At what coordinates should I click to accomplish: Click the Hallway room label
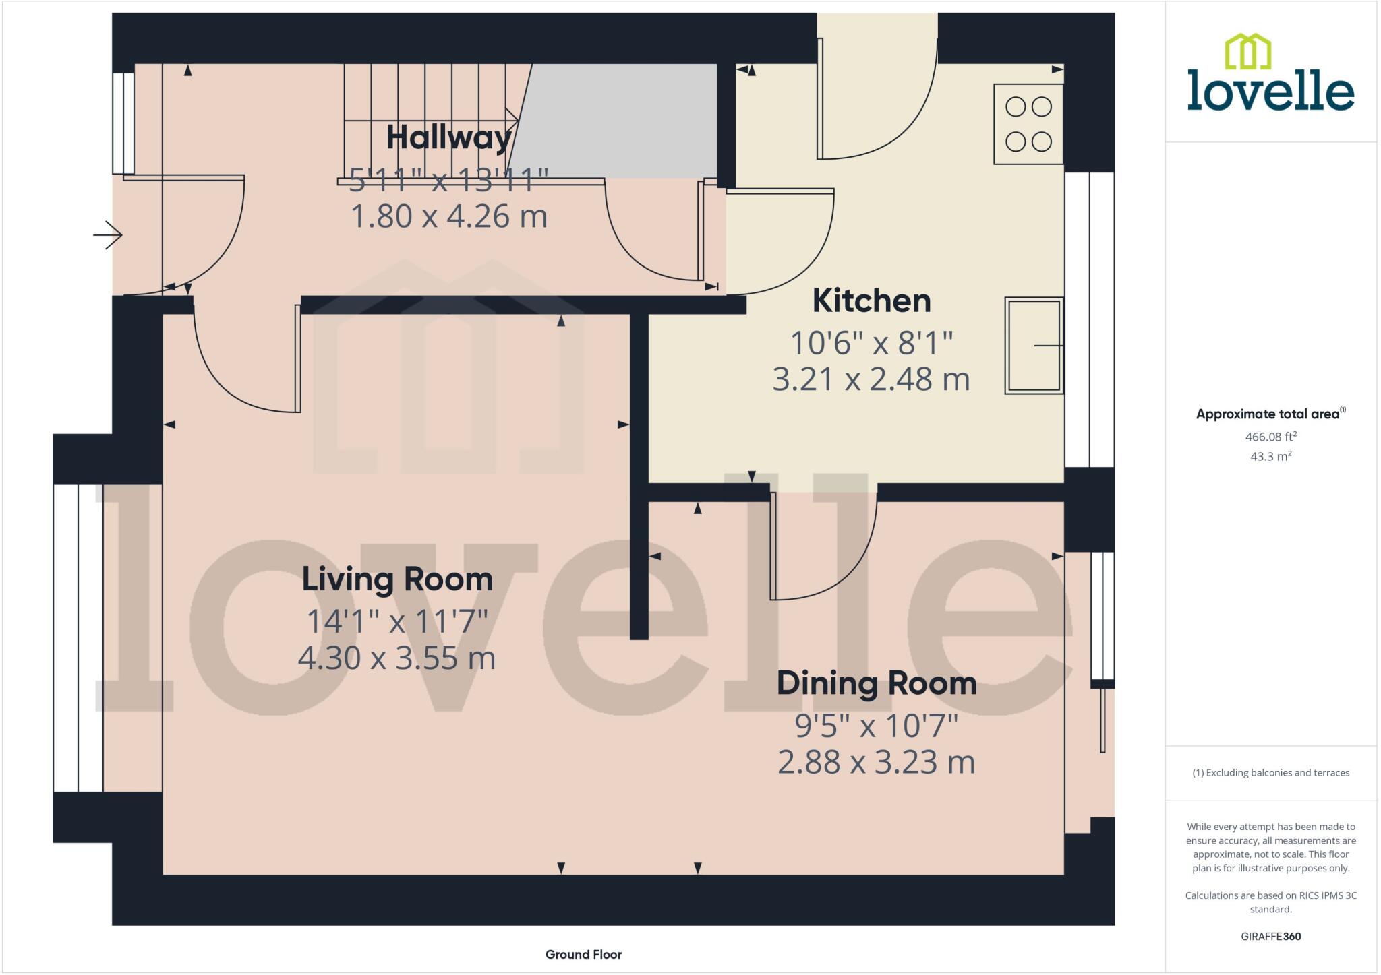pyautogui.click(x=448, y=137)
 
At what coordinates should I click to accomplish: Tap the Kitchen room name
pyautogui.click(x=871, y=301)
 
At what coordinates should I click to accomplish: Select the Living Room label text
pyautogui.click(x=397, y=579)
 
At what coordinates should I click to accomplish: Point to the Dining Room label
pyautogui.click(x=876, y=683)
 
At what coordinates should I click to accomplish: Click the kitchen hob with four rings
pyautogui.click(x=1028, y=125)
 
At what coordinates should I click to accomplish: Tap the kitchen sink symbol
pyautogui.click(x=1034, y=345)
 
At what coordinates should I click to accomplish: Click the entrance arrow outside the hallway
pyautogui.click(x=108, y=235)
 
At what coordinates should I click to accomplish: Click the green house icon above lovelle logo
pyautogui.click(x=1247, y=52)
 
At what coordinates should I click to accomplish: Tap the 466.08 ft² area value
pyautogui.click(x=1270, y=437)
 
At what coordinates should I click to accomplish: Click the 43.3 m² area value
pyautogui.click(x=1270, y=456)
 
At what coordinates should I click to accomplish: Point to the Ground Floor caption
pyautogui.click(x=583, y=954)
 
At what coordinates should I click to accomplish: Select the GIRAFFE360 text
pyautogui.click(x=1270, y=936)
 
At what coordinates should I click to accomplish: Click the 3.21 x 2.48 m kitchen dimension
pyautogui.click(x=871, y=379)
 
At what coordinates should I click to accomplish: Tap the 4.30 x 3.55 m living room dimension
pyautogui.click(x=396, y=658)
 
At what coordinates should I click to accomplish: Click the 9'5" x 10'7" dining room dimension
pyautogui.click(x=876, y=726)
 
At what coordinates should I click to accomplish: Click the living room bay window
pyautogui.click(x=78, y=637)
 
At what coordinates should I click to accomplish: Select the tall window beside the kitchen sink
pyautogui.click(x=1089, y=320)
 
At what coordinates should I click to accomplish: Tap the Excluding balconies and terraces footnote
pyautogui.click(x=1270, y=773)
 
